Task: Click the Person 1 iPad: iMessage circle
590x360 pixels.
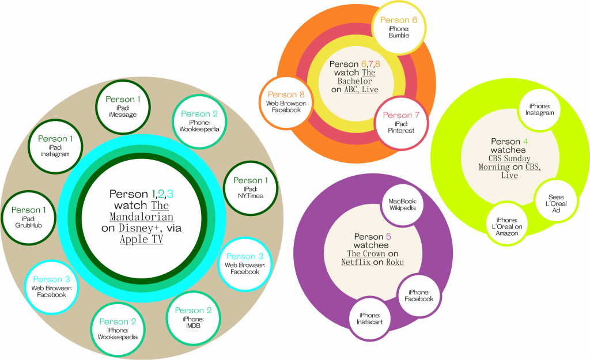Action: coord(122,107)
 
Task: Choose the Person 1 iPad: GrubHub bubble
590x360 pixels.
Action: coord(29,217)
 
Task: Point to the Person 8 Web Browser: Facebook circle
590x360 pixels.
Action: coord(286,102)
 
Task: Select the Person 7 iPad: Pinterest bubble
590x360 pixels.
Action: coord(401,123)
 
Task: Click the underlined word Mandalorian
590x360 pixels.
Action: coord(141,217)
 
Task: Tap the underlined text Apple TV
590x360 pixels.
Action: coord(142,240)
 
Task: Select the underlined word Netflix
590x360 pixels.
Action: coord(355,262)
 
